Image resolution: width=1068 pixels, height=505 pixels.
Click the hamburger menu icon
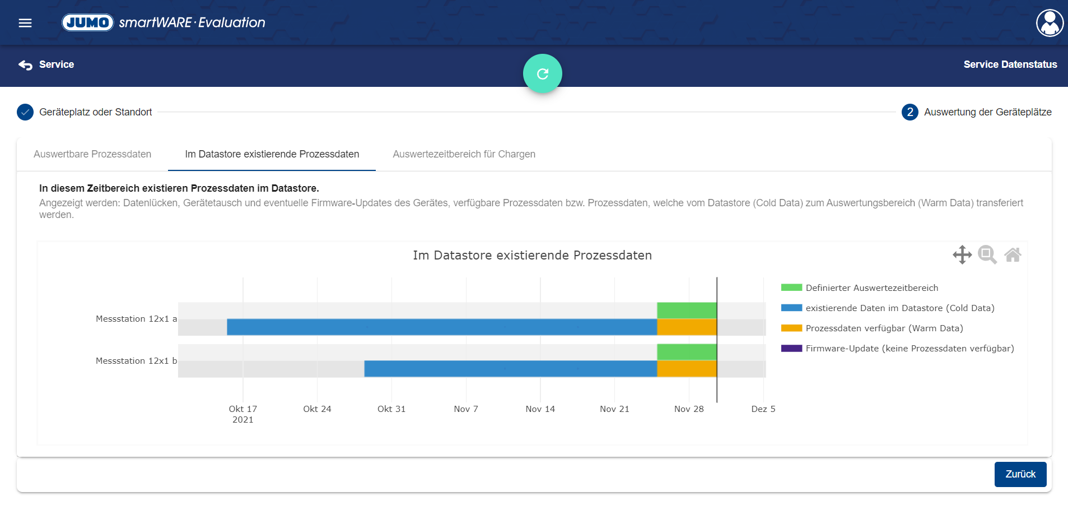pos(25,23)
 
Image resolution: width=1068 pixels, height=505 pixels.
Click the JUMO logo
pos(88,22)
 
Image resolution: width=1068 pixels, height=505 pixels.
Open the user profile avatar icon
pos(1050,23)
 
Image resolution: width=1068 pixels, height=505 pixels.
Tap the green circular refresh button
pos(543,73)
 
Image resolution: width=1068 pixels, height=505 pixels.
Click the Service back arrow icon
pos(25,65)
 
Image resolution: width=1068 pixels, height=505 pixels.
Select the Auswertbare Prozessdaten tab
pos(92,154)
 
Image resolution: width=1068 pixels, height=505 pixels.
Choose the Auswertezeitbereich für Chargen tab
pos(464,154)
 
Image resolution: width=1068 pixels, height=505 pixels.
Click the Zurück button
pos(1020,474)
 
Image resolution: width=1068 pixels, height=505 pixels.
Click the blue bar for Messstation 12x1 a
pos(442,327)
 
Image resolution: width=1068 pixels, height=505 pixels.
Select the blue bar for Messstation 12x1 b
pos(511,369)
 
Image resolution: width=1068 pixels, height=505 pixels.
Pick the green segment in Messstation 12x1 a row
pos(687,310)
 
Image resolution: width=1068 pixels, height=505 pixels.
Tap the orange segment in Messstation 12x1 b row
pos(687,369)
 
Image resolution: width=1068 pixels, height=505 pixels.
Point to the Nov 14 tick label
pos(540,409)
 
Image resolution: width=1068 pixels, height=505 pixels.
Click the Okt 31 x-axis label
pos(391,409)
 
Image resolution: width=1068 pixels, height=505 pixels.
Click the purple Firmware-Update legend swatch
pos(792,348)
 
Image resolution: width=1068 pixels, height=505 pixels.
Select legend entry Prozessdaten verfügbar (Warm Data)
pos(884,328)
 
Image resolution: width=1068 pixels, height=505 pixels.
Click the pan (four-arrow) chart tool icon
pos(962,254)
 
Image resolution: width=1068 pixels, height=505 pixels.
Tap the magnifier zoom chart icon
pos(987,254)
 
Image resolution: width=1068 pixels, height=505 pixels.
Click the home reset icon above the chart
pos(1013,255)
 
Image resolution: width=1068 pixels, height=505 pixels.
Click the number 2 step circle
pos(910,112)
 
